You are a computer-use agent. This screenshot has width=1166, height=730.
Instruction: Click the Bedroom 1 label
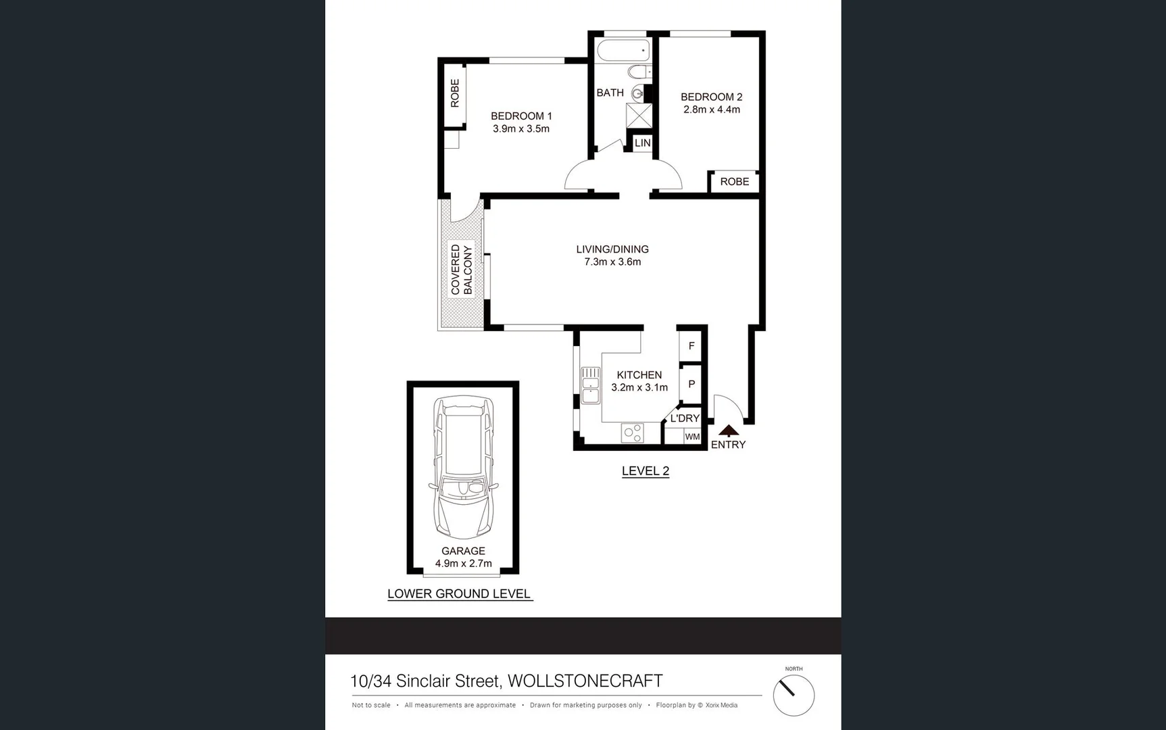pyautogui.click(x=520, y=116)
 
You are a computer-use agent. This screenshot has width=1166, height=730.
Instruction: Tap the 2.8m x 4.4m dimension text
pyautogui.click(x=711, y=109)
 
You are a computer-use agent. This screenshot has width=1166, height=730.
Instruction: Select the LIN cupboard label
pyautogui.click(x=642, y=143)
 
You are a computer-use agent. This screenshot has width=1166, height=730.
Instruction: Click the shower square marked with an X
pyautogui.click(x=639, y=115)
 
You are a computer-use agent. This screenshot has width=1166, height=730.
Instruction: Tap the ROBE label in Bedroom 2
pyautogui.click(x=734, y=182)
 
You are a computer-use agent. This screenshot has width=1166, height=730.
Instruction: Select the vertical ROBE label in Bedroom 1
pyautogui.click(x=455, y=93)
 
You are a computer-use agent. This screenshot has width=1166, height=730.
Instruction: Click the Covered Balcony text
pyautogui.click(x=461, y=269)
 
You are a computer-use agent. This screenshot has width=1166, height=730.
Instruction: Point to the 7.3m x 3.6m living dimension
pyautogui.click(x=612, y=262)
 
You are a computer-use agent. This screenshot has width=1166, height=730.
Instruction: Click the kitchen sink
pyautogui.click(x=590, y=385)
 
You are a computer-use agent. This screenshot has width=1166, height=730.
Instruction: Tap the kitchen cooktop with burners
pyautogui.click(x=633, y=433)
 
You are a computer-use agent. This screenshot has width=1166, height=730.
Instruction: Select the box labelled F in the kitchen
pyautogui.click(x=691, y=346)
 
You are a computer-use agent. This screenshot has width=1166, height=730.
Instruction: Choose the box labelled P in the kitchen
pyautogui.click(x=691, y=384)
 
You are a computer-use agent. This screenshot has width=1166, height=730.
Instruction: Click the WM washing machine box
pyautogui.click(x=692, y=437)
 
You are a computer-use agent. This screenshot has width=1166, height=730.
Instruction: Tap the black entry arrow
pyautogui.click(x=728, y=430)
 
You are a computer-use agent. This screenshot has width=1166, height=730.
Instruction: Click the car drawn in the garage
pyautogui.click(x=464, y=466)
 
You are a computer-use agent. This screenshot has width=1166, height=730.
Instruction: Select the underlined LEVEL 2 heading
pyautogui.click(x=645, y=471)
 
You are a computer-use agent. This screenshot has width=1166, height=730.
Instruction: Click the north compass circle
pyautogui.click(x=794, y=696)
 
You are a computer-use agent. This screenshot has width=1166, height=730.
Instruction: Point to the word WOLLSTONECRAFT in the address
pyautogui.click(x=585, y=681)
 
